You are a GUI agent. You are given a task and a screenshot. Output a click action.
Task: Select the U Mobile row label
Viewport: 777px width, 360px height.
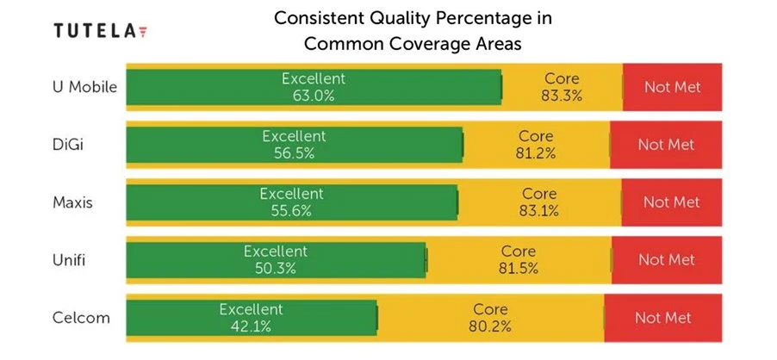[x=84, y=87]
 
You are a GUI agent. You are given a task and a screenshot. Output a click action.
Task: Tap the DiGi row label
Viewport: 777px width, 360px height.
[x=68, y=145]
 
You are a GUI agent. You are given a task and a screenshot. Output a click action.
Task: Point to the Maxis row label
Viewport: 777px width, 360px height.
[x=72, y=202]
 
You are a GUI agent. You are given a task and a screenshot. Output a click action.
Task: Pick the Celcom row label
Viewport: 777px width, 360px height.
[x=80, y=317]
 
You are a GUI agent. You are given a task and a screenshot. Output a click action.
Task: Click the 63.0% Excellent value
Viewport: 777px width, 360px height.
[x=313, y=96]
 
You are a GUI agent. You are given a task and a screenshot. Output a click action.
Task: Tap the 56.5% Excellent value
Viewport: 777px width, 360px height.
[x=294, y=153]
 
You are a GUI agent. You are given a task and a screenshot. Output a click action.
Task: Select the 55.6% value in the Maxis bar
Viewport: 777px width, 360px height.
[x=291, y=210]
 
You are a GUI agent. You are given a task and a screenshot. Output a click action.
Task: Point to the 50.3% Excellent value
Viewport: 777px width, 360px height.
[x=275, y=268]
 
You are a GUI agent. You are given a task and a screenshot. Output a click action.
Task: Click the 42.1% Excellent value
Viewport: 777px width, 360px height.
[x=251, y=326]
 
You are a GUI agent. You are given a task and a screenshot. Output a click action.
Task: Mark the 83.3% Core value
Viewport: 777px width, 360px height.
[x=562, y=96]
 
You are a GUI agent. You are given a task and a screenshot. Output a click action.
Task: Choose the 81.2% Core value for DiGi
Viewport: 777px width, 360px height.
[x=536, y=153]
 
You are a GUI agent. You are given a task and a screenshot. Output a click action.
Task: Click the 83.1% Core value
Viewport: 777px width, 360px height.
[x=539, y=210]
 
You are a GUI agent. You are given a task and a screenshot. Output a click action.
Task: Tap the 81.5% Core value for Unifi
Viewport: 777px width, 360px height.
[x=519, y=268]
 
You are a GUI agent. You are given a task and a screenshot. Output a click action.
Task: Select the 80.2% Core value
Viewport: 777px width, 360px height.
[x=491, y=326]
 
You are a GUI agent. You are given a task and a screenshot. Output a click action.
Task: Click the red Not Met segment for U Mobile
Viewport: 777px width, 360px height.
[x=672, y=87]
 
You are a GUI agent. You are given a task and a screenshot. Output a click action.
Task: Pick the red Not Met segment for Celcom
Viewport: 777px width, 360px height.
[x=663, y=318]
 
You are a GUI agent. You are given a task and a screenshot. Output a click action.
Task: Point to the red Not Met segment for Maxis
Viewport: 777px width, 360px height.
[x=671, y=202]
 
